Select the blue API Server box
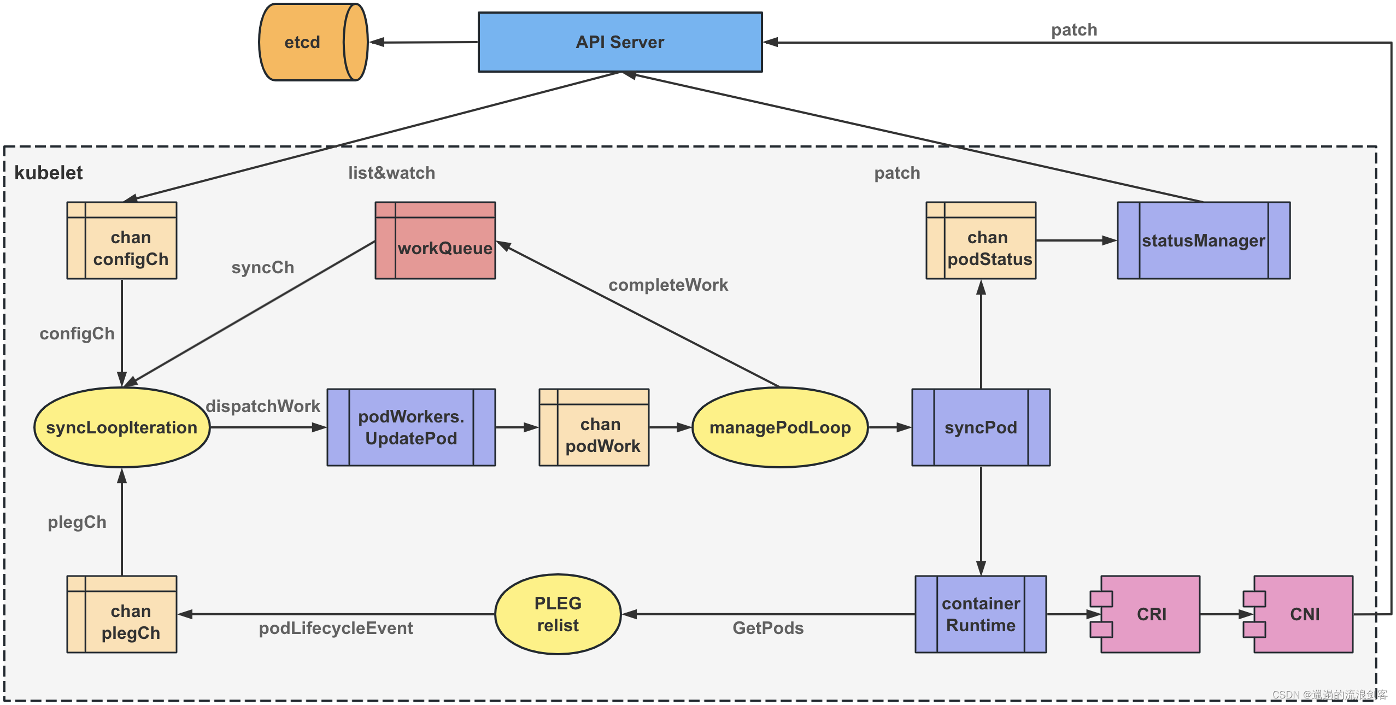coord(620,42)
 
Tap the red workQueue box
coord(436,241)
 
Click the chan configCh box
coord(122,241)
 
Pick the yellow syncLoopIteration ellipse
coord(122,427)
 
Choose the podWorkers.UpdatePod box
coord(411,427)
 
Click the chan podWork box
coord(594,427)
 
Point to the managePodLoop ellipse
coord(780,427)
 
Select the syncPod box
coord(981,427)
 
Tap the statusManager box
coord(1204,241)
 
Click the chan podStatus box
coord(981,241)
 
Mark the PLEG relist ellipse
coord(558,614)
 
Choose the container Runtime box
coord(981,614)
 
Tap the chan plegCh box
coord(122,614)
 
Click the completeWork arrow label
coord(668,285)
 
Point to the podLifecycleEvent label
coord(336,628)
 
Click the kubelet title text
coord(48,173)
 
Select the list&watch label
coord(391,173)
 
